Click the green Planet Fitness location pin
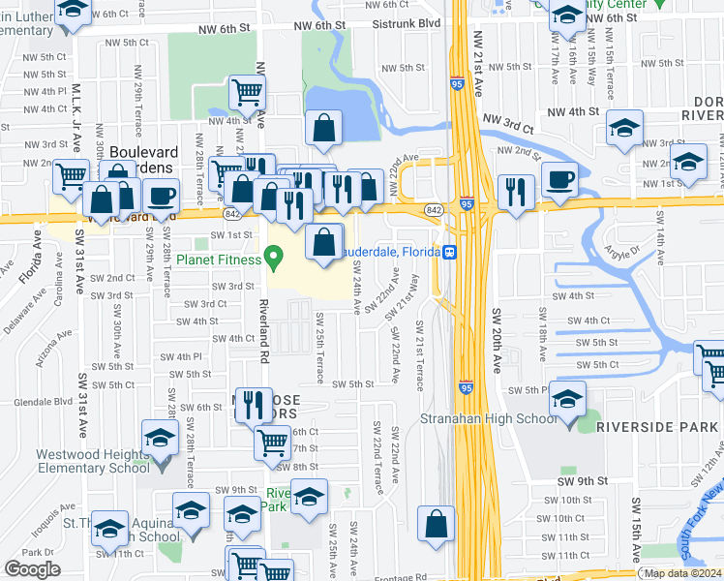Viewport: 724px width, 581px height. [x=274, y=259]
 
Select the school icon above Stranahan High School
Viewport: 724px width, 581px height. [x=568, y=399]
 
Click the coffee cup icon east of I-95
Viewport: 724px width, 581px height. [x=559, y=179]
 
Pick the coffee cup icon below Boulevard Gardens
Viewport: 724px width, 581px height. [x=161, y=196]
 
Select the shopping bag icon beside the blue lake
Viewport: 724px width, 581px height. [x=323, y=127]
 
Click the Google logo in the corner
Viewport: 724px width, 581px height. [x=32, y=568]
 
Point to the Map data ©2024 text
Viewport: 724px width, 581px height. [x=681, y=573]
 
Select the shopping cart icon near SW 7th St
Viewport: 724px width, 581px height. [x=272, y=443]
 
